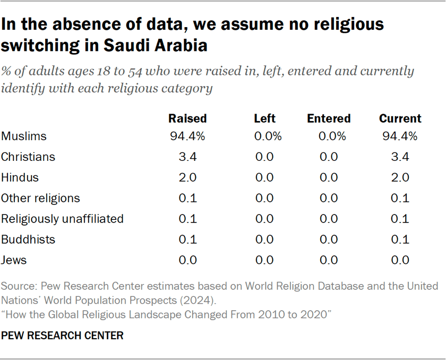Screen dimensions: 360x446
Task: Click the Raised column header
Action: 187,118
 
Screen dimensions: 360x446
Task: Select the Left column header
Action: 264,118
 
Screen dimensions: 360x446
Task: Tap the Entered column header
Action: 329,118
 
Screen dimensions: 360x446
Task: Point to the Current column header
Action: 400,118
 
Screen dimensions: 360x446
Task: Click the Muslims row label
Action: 24,136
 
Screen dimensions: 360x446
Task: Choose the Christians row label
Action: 28,157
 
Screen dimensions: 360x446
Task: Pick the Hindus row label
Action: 20,177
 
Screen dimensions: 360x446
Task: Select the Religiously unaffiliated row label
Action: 62,219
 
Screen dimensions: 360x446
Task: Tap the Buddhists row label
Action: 28,239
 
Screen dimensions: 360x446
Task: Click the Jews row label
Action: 14,260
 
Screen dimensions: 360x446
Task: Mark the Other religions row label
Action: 40,198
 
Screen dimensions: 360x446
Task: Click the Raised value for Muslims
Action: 187,136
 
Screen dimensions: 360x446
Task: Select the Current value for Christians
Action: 400,157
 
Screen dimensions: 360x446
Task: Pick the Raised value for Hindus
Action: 187,177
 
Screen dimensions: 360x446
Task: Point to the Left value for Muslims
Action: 264,136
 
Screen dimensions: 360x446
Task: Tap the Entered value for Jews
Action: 329,260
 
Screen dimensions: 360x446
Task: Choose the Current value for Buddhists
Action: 400,239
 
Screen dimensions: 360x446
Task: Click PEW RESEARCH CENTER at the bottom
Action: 62,336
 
